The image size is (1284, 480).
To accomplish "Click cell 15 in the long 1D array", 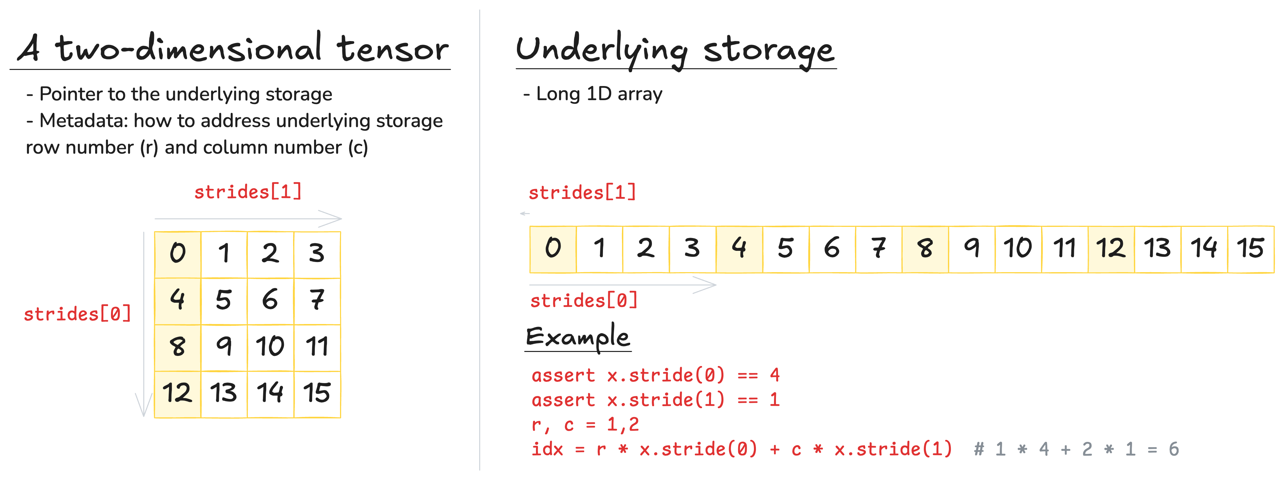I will point(1250,248).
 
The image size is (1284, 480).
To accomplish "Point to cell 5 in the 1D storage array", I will point(785,248).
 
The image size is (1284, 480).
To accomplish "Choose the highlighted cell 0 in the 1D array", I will point(553,248).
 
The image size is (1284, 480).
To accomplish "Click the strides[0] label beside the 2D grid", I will point(77,314).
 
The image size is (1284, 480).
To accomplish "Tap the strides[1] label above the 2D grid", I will point(248,192).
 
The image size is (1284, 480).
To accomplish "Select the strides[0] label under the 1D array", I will point(584,300).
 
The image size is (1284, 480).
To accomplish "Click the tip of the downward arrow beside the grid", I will point(143,414).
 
